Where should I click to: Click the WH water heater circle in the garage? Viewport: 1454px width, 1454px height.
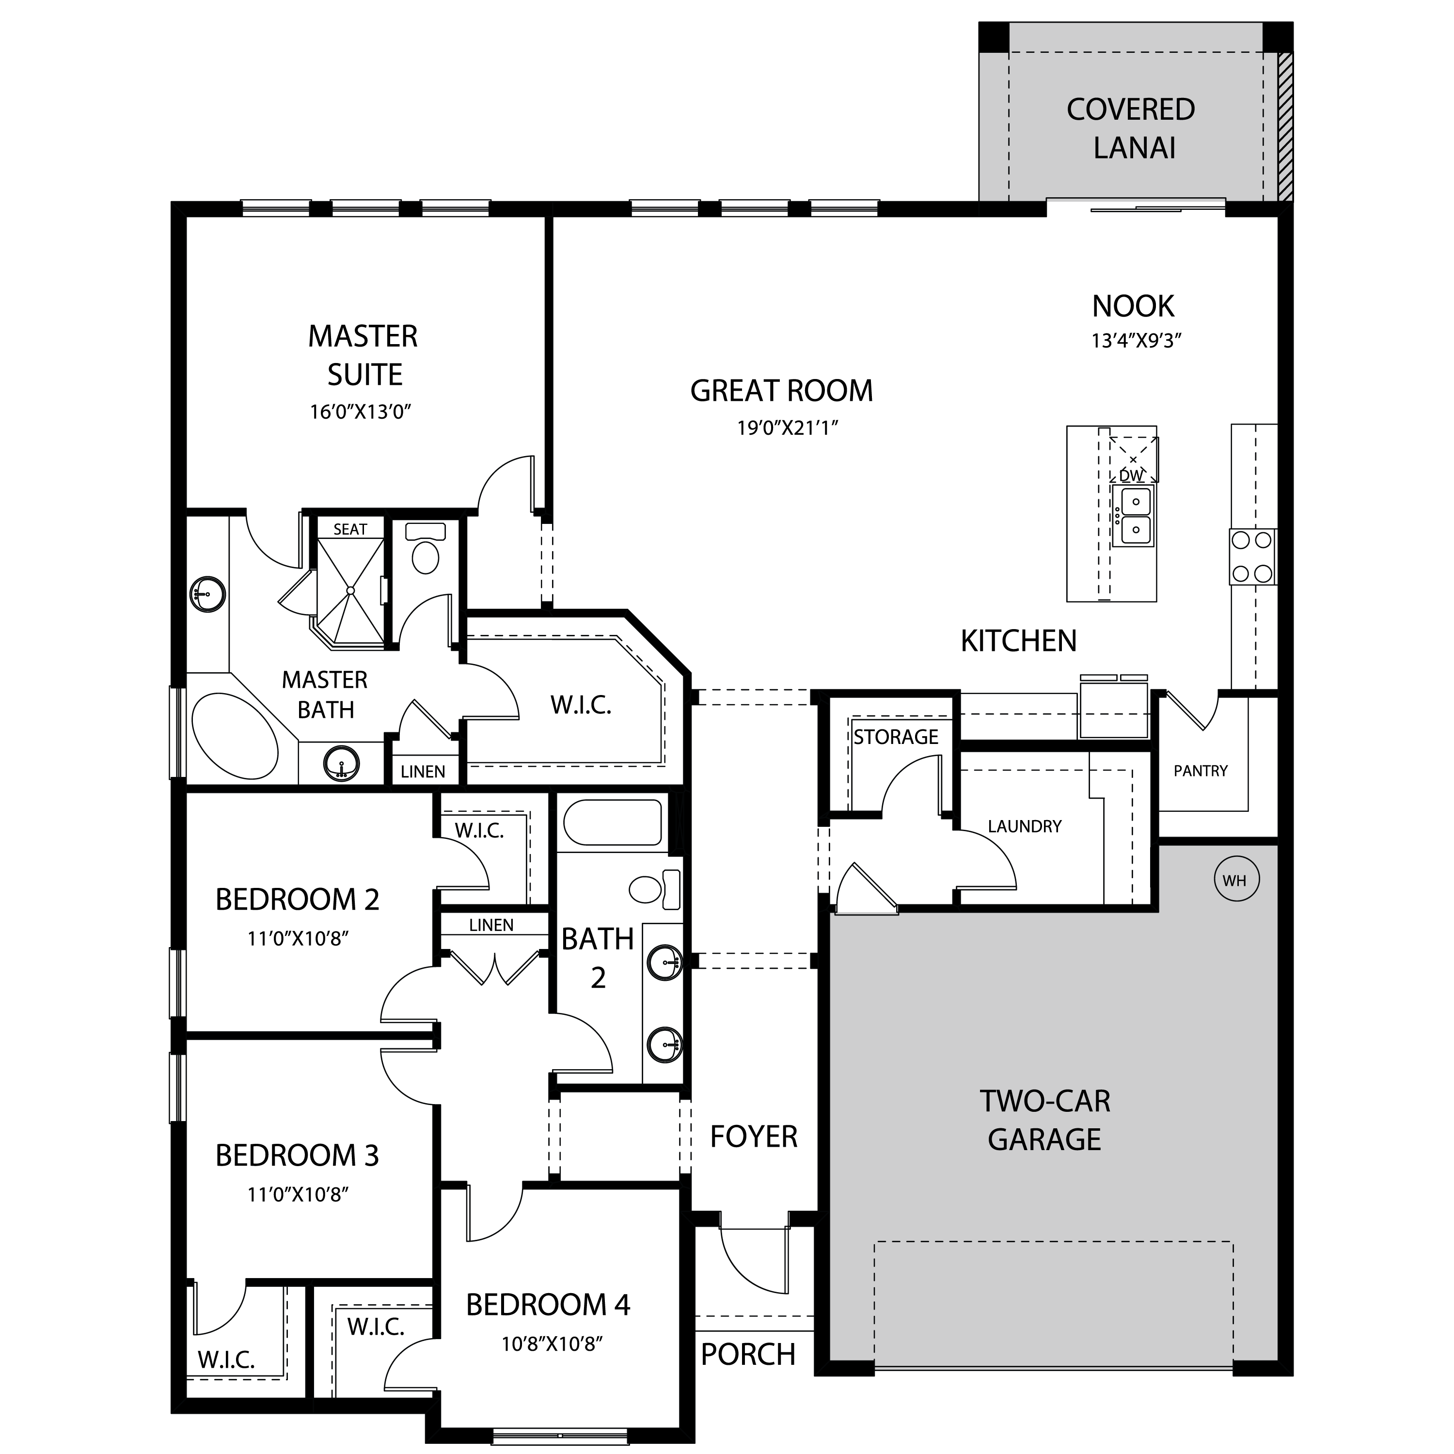coord(1235,880)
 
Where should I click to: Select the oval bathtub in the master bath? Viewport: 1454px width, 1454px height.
coord(235,735)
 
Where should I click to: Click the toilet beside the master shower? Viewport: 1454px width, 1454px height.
coord(425,547)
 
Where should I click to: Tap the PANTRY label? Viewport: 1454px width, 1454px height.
coord(1201,771)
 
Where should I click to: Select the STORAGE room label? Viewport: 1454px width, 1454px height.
coord(896,737)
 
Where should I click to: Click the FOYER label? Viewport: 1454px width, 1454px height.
coord(753,1137)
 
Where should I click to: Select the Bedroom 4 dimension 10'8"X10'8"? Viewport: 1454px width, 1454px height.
coord(553,1344)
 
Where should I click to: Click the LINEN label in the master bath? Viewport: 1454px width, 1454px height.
coord(423,772)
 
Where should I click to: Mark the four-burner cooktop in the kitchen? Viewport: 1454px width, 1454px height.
coord(1252,557)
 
